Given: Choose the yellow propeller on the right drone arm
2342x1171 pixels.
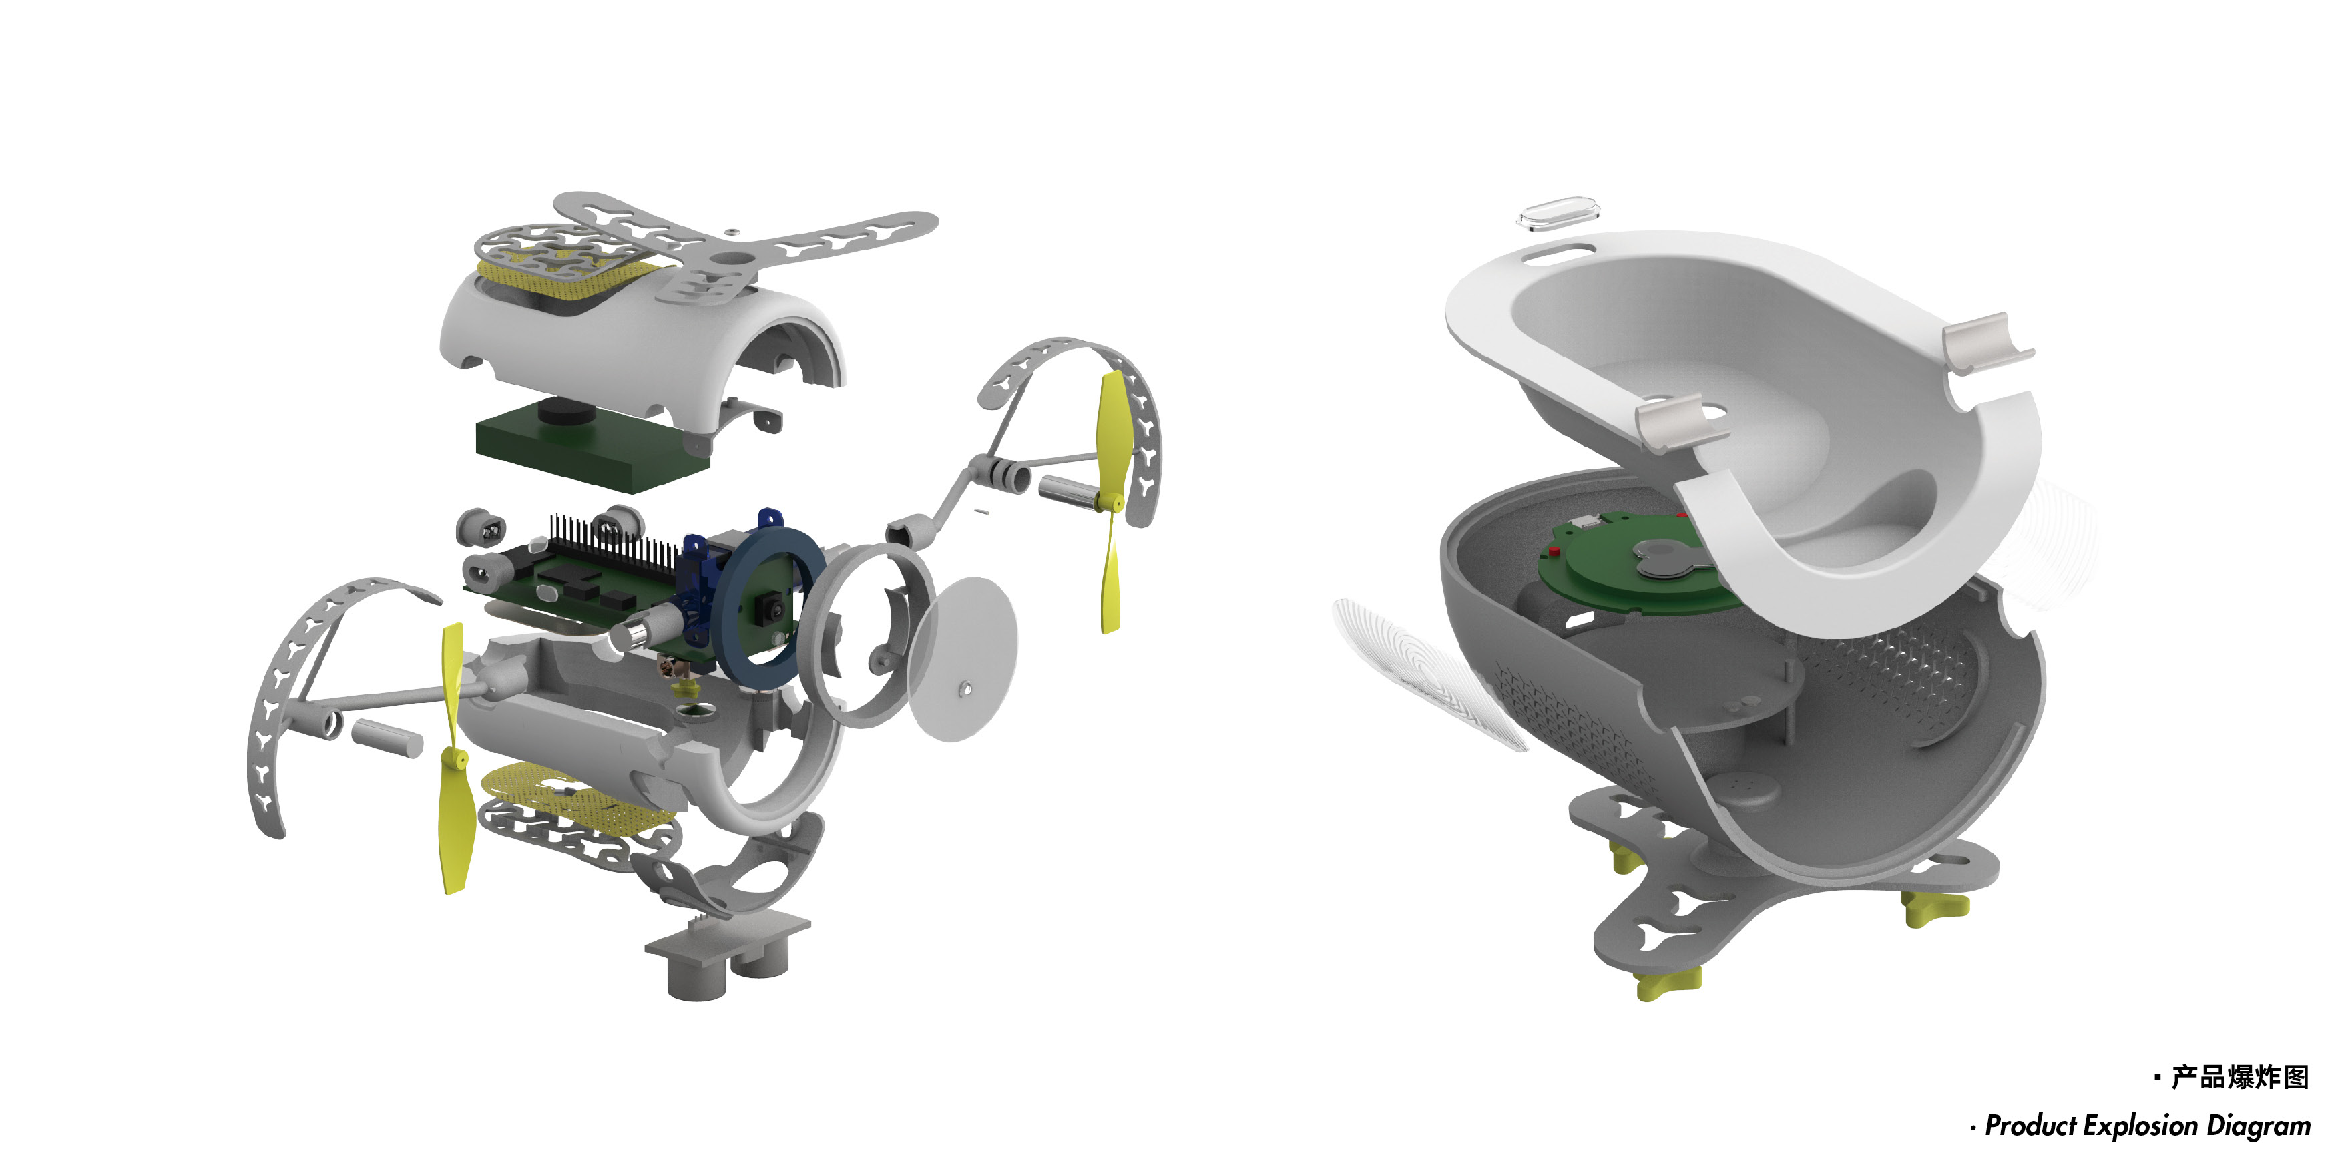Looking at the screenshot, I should (x=1111, y=500).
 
